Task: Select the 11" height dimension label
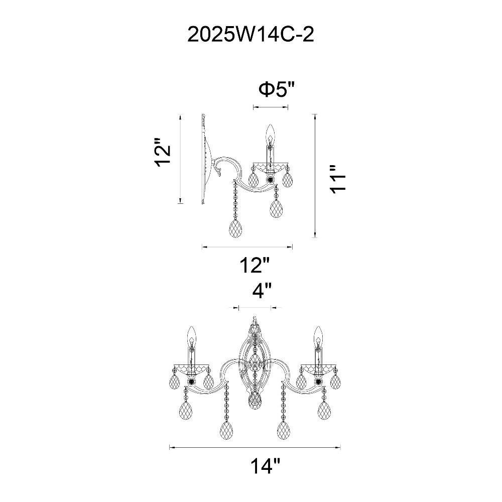337,179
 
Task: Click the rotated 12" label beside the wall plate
162,153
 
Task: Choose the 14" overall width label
265,466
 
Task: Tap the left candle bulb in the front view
191,336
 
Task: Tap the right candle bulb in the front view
318,336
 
